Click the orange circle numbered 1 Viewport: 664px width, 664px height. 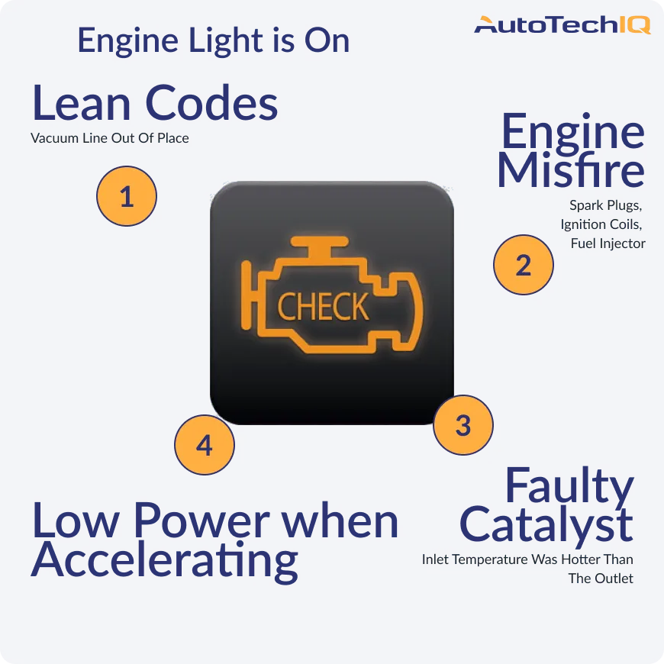click(127, 196)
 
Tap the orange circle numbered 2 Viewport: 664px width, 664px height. click(523, 266)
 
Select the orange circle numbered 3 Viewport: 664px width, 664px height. click(463, 425)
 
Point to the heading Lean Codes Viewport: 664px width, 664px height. click(155, 105)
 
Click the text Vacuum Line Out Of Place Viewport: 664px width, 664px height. click(110, 139)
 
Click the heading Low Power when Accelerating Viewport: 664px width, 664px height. click(214, 540)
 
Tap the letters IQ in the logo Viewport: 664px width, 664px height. click(634, 26)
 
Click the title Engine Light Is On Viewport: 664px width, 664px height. click(214, 40)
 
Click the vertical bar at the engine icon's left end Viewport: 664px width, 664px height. click(246, 297)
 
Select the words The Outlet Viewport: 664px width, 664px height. click(600, 579)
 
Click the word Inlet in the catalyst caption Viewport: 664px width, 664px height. click(437, 559)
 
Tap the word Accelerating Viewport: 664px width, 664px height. click(165, 561)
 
